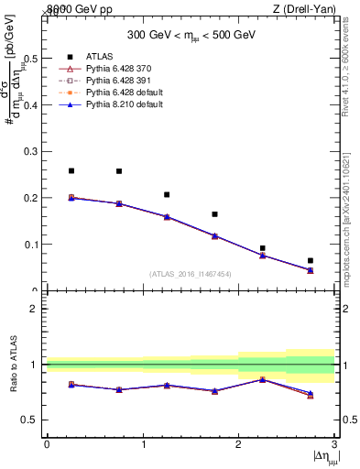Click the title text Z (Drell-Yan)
[307, 9]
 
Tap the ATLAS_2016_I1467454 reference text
[190, 273]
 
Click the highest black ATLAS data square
[71, 170]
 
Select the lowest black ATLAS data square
[310, 260]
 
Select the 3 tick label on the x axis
[333, 444]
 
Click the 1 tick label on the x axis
[143, 444]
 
